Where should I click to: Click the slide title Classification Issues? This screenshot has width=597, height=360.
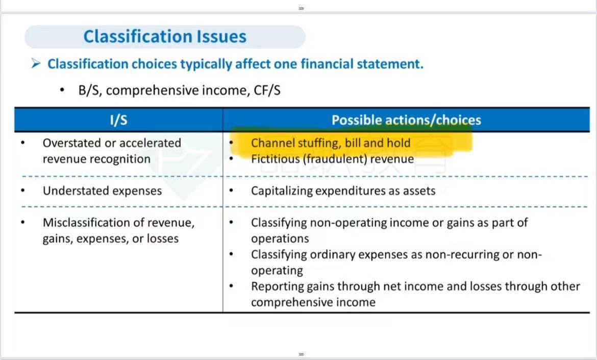click(165, 37)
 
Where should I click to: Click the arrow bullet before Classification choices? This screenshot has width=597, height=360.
click(36, 63)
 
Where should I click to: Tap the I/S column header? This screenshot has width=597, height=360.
click(118, 120)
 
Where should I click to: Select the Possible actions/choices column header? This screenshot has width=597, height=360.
click(406, 120)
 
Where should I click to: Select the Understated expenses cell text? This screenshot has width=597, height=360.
click(102, 190)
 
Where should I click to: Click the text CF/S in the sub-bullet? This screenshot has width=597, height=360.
click(267, 90)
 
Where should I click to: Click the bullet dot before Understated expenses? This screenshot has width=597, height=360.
click(23, 190)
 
